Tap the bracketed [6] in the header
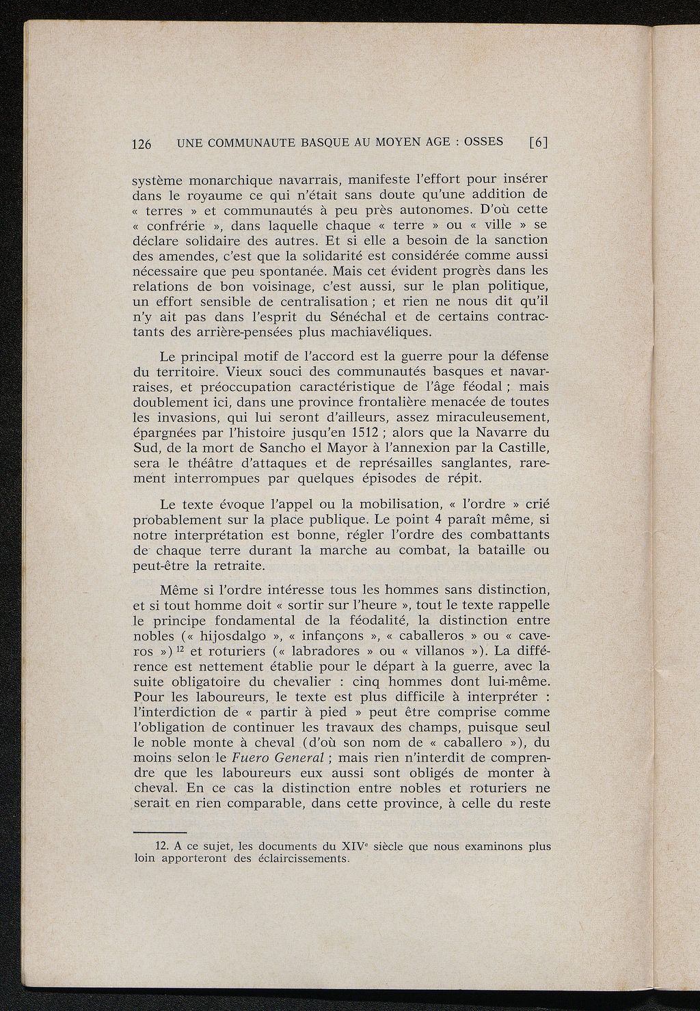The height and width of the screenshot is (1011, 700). click(539, 143)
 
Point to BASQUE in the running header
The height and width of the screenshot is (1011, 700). click(321, 143)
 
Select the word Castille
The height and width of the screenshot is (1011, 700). click(517, 448)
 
